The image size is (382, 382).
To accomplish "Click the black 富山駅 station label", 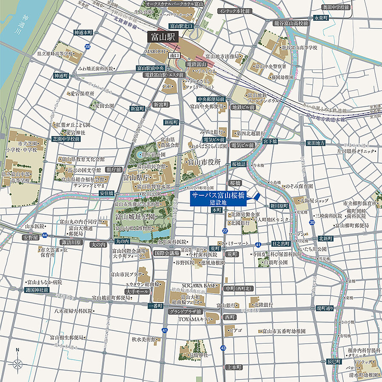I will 162,37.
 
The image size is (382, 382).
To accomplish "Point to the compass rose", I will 17,364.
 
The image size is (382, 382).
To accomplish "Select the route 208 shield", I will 88,46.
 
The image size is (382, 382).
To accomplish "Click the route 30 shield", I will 312,222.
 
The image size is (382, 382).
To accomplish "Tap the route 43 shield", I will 223,348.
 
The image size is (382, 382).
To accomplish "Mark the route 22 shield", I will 225,231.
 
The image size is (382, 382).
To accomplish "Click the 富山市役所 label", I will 202,162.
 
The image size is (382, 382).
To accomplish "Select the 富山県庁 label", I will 134,177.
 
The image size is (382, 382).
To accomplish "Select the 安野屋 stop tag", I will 31,237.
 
